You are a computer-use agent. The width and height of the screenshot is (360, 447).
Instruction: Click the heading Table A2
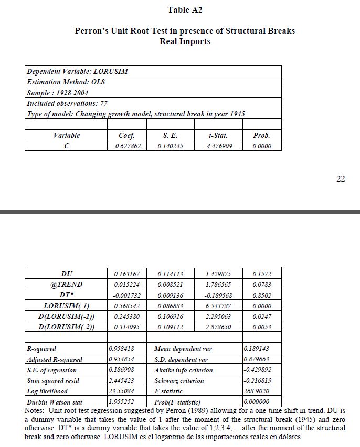click(x=185, y=10)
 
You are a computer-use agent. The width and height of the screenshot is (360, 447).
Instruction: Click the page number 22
click(x=341, y=179)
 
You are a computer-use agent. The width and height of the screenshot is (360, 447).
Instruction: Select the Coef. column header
click(x=127, y=135)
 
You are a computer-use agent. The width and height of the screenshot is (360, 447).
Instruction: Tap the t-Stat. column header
click(x=218, y=135)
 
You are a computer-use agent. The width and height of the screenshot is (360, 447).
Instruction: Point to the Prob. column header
click(x=262, y=135)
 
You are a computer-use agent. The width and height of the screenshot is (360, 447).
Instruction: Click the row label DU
click(x=67, y=274)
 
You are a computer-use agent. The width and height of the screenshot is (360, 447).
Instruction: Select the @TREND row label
click(x=67, y=284)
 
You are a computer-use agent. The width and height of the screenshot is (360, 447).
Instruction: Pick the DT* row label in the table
click(x=67, y=295)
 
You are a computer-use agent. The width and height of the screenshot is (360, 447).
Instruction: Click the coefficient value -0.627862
click(x=127, y=146)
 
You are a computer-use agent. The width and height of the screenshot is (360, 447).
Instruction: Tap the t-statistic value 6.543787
click(x=218, y=306)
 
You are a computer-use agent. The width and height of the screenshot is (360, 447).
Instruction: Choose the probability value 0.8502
click(x=262, y=295)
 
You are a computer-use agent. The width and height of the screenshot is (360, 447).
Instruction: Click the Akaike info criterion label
click(x=184, y=370)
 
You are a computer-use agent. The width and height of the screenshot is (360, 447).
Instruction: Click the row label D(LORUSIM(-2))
click(x=67, y=327)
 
